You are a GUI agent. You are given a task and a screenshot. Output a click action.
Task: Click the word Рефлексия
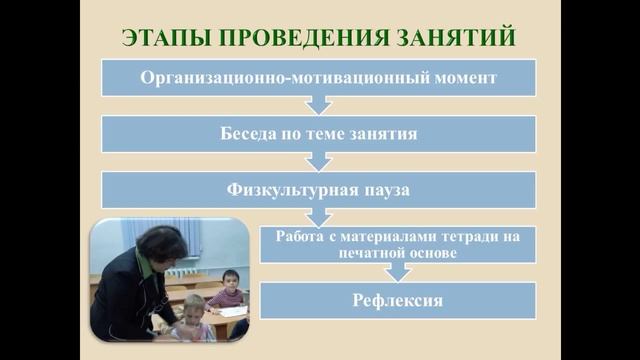pyautogui.click(x=398, y=299)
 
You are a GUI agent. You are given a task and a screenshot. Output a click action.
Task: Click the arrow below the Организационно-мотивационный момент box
pyautogui.click(x=318, y=104)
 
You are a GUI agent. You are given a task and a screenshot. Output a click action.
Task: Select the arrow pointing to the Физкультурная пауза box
pyautogui.click(x=318, y=159)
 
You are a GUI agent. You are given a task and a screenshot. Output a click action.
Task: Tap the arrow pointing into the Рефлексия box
pyautogui.click(x=398, y=270)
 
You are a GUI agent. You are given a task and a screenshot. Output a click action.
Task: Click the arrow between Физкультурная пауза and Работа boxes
pyautogui.click(x=318, y=214)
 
